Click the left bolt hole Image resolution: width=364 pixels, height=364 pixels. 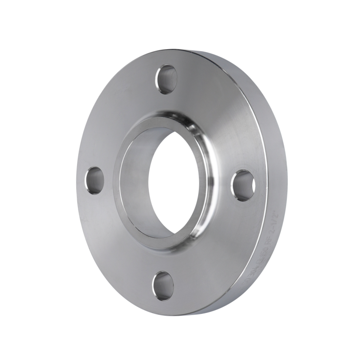point(94,180)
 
